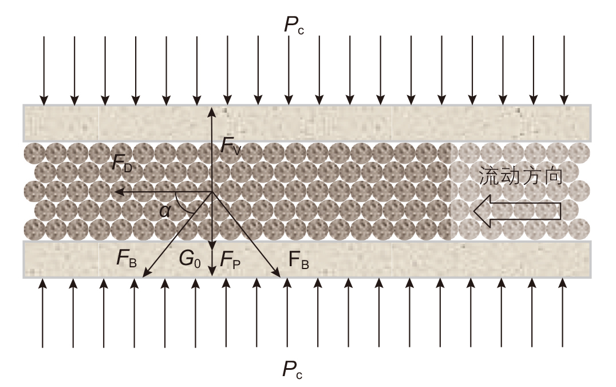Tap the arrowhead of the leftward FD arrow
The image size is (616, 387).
coord(114,191)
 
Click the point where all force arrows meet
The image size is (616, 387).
coord(212,191)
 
